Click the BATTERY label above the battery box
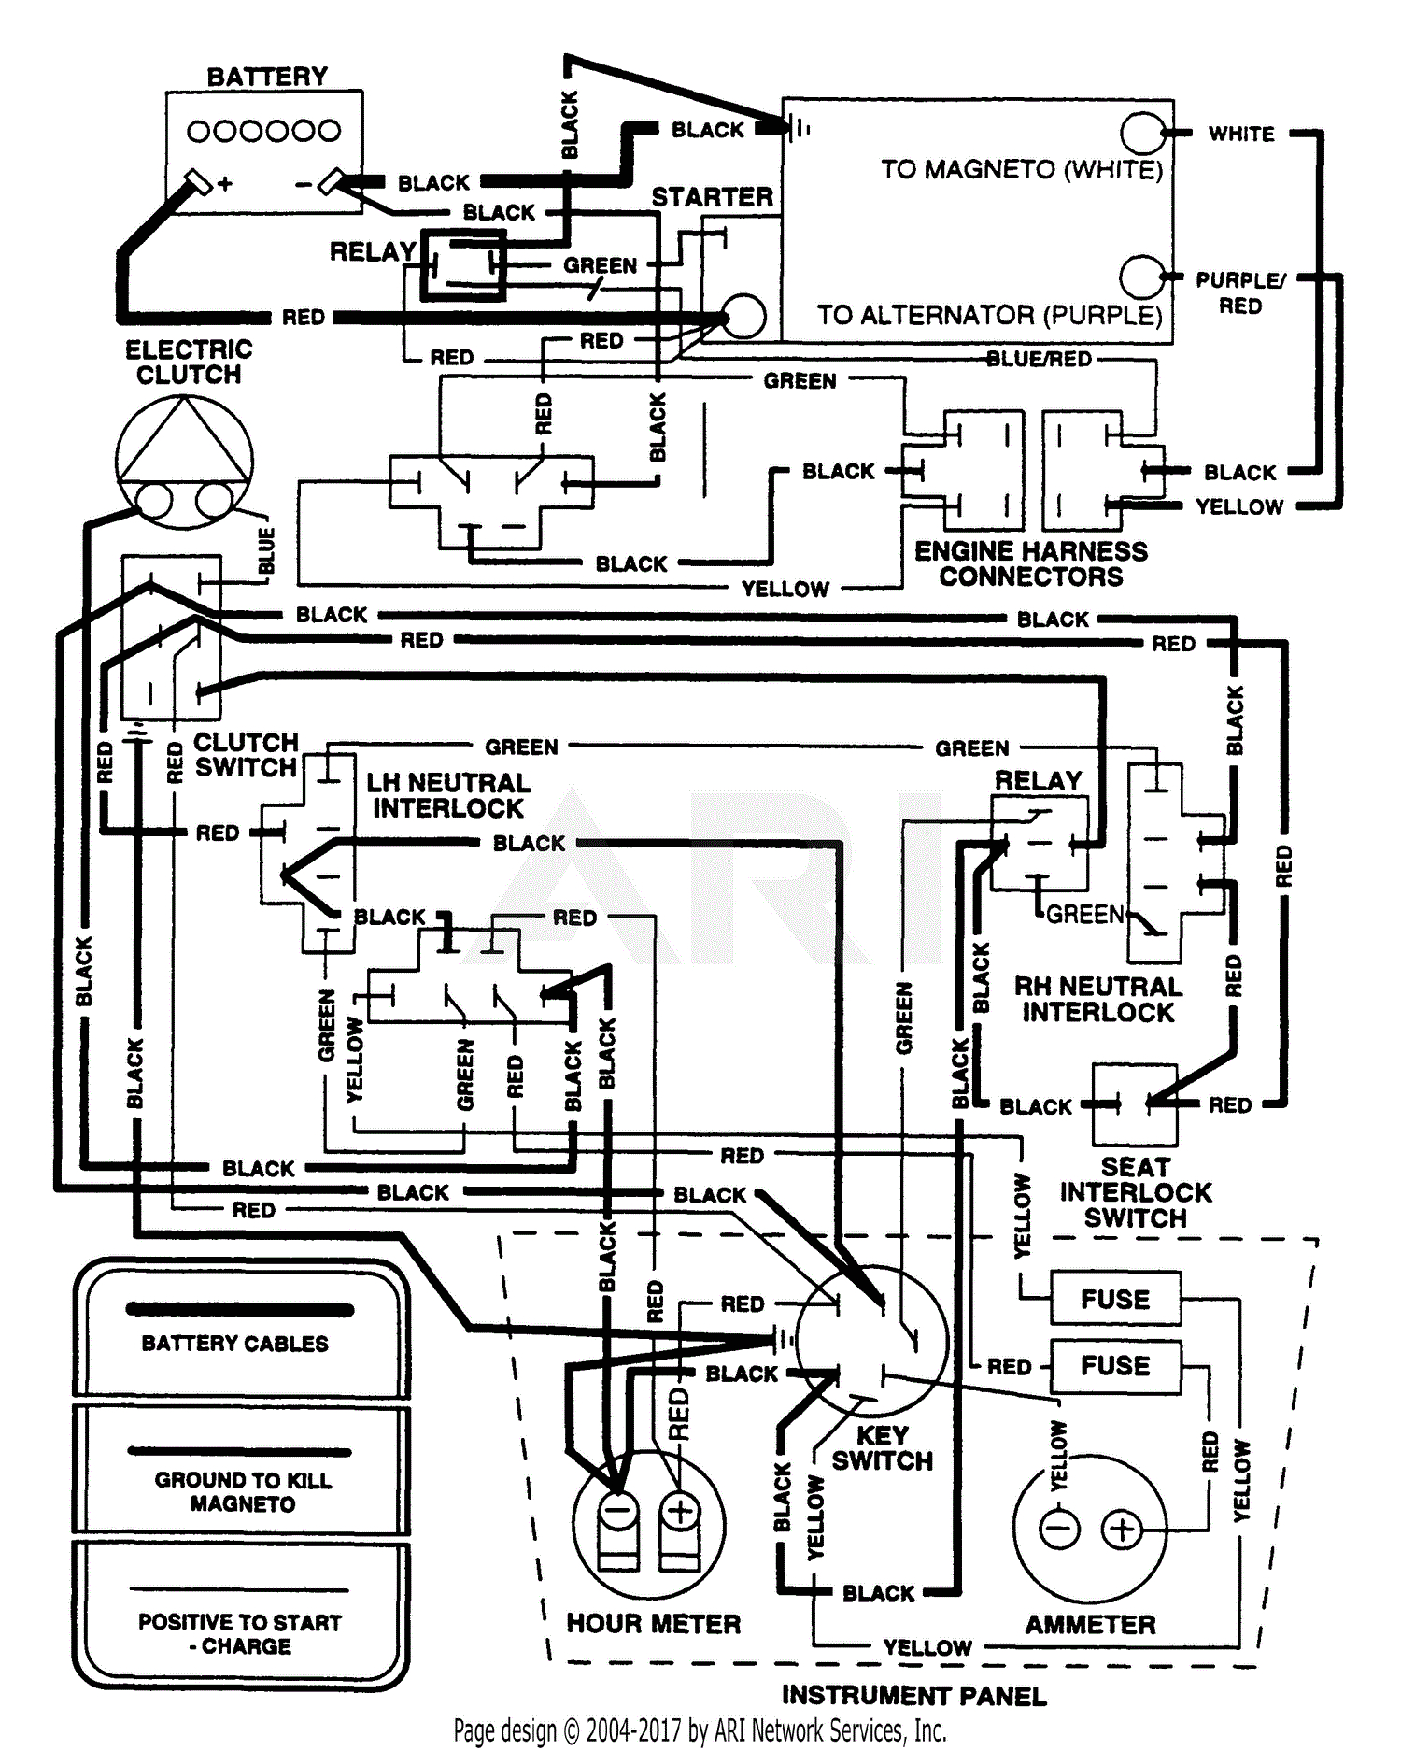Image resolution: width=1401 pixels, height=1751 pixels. tap(267, 77)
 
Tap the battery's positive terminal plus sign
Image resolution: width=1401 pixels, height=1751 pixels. tap(225, 184)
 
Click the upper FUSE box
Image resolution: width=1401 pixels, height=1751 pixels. tap(1115, 1299)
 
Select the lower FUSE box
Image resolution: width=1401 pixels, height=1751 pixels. tap(1115, 1366)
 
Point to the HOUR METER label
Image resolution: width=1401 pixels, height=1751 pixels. tap(653, 1624)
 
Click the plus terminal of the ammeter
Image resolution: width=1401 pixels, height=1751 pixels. tap(1122, 1530)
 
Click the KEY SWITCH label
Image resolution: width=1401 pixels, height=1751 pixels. tap(882, 1448)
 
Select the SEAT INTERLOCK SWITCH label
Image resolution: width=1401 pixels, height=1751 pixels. tap(1135, 1192)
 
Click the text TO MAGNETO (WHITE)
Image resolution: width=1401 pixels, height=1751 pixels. tap(1022, 170)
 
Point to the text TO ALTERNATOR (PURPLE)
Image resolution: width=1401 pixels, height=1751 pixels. tap(989, 316)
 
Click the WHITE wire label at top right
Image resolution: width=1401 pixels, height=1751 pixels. tap(1241, 135)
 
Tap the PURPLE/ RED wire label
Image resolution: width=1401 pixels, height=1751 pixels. tap(1240, 292)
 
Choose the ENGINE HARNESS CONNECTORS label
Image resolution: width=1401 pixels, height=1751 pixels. tap(1031, 563)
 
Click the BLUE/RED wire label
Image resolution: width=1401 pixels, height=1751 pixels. tap(1039, 360)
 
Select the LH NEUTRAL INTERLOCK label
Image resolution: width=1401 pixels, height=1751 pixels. tap(448, 795)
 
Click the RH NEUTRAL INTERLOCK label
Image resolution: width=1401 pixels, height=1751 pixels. tap(1097, 999)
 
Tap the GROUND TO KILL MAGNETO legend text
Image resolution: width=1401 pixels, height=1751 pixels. tap(243, 1491)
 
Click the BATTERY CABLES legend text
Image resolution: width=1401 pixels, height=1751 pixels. tap(235, 1344)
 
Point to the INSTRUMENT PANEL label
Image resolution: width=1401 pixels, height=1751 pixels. tap(913, 1695)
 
